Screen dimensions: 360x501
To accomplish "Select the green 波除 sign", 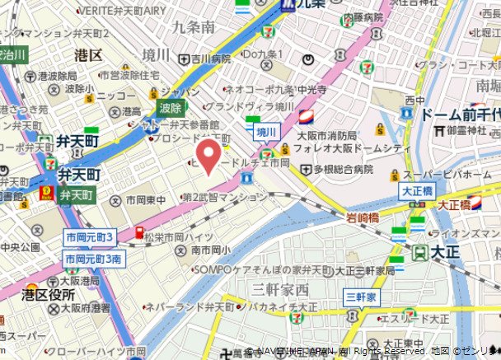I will (x=171, y=108).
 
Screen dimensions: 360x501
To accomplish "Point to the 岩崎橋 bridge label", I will (x=362, y=217).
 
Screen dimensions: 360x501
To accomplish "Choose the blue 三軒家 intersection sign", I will (x=361, y=296).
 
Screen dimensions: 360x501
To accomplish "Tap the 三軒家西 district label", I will (x=280, y=288).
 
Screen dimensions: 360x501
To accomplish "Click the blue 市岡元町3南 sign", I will (x=93, y=259).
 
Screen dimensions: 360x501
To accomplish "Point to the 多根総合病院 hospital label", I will (x=336, y=169).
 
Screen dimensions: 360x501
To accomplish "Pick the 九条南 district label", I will (x=194, y=27).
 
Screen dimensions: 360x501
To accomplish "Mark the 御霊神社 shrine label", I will (x=470, y=130).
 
